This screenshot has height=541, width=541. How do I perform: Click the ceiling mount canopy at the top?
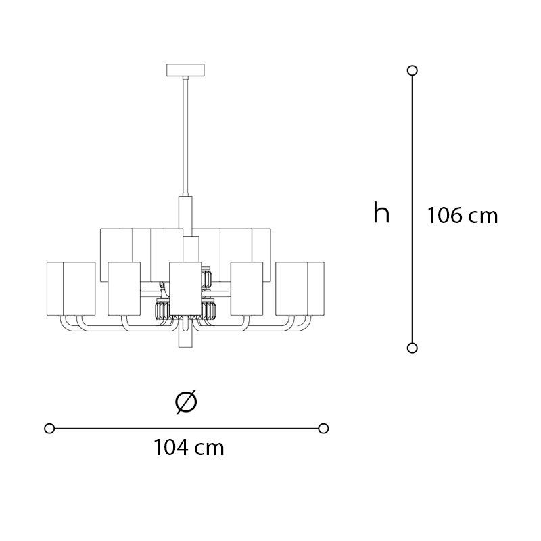point(185,70)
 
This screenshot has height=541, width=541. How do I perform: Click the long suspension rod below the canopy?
point(185,137)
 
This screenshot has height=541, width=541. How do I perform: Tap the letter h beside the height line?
point(381,213)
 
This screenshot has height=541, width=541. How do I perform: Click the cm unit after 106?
point(483,217)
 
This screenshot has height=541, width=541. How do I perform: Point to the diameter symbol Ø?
point(186,402)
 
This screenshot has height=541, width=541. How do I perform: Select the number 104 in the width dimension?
point(171,448)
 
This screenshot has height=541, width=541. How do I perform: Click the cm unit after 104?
point(210,449)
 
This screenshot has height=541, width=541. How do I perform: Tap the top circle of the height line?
point(413,70)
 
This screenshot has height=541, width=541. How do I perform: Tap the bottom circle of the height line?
point(413,348)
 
